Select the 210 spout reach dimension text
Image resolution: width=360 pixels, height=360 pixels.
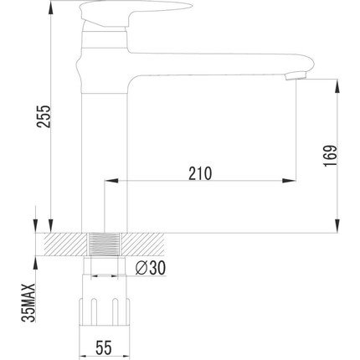point(199,172)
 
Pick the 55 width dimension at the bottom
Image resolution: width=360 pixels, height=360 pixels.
point(103,345)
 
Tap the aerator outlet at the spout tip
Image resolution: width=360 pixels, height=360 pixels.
point(292,77)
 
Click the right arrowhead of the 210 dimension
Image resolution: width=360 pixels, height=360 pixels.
point(292,181)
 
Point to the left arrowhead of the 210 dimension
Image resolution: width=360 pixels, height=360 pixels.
point(108,181)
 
